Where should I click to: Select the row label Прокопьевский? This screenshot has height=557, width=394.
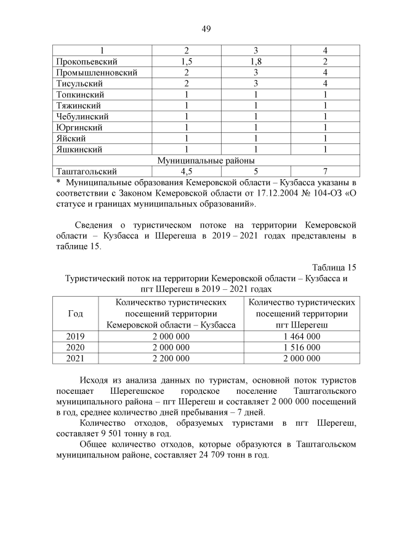pos(86,62)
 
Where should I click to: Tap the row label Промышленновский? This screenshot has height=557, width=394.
pos(96,73)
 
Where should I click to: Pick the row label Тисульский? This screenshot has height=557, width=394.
pos(79,84)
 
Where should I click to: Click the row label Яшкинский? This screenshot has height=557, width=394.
pos(79,149)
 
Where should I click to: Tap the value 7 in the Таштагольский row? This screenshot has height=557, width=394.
pos(324,171)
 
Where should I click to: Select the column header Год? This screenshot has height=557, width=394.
pos(75,313)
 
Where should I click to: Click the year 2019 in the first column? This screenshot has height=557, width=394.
pos(75,336)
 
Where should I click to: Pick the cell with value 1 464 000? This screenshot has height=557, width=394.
pos(302,336)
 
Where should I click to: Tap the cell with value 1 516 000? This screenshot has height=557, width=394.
pos(302,347)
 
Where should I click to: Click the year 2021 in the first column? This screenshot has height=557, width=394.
pos(75,358)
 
